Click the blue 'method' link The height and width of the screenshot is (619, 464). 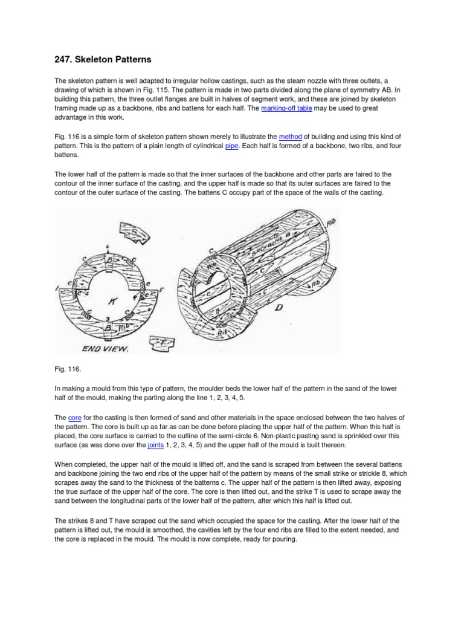(x=290, y=137)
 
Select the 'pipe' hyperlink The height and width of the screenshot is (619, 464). (x=232, y=146)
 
